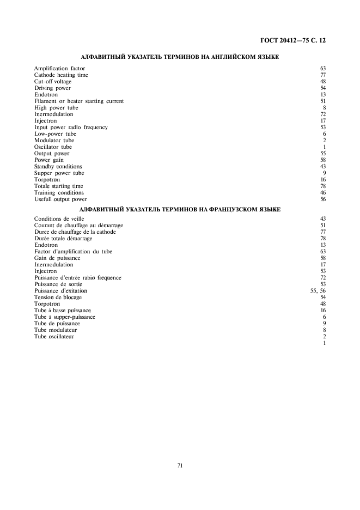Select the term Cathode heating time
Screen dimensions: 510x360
point(61,75)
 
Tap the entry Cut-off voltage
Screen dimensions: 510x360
point(53,81)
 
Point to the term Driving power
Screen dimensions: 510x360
point(52,88)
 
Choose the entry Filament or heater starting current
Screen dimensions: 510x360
point(79,101)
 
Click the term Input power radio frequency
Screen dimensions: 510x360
point(71,127)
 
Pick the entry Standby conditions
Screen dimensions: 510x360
point(58,166)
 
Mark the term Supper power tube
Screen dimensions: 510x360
point(59,173)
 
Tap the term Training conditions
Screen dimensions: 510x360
point(59,192)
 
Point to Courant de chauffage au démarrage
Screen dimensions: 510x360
point(78,225)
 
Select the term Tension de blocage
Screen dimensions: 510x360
point(58,297)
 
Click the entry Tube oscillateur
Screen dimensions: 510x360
point(54,336)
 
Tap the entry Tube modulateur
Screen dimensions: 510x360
point(56,330)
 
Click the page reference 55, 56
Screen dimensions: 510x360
point(318,290)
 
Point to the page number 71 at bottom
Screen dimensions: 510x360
point(180,465)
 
